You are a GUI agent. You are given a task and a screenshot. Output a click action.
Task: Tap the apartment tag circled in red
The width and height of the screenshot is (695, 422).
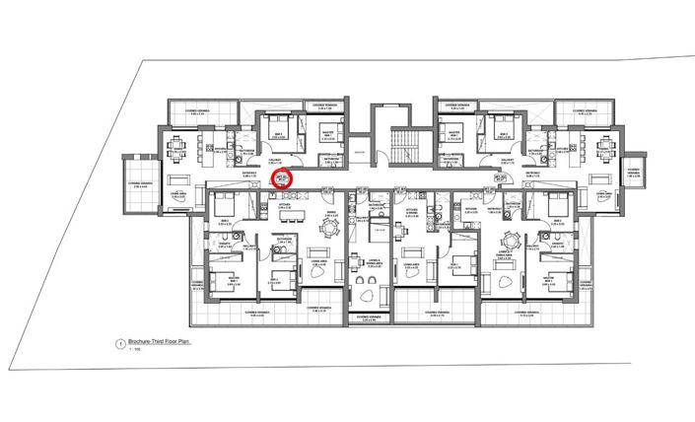point(283,178)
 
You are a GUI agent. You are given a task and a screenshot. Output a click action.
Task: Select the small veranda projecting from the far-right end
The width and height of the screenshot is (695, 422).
point(632,177)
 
